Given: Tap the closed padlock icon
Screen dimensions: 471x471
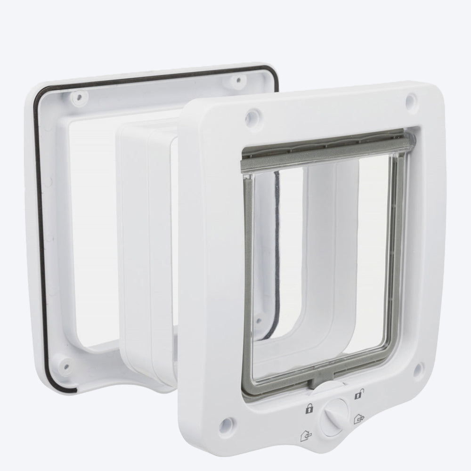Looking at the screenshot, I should [x=309, y=408].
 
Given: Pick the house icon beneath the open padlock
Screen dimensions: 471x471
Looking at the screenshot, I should [x=361, y=418].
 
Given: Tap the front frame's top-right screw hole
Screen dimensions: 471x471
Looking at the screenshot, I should [x=411, y=99].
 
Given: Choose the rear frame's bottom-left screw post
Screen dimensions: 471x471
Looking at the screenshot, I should [x=65, y=365].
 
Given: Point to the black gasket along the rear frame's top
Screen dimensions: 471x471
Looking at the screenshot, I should [x=155, y=76].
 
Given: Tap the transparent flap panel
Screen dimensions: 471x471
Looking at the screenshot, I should [x=320, y=259].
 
